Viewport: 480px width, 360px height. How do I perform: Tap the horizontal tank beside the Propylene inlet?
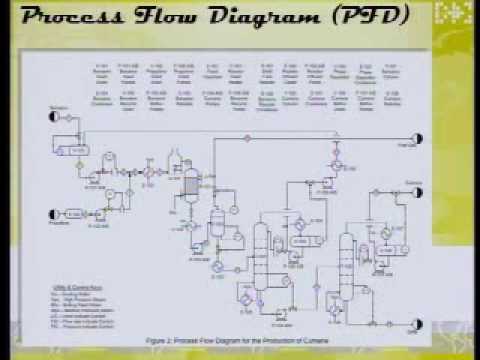tap(75, 212)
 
